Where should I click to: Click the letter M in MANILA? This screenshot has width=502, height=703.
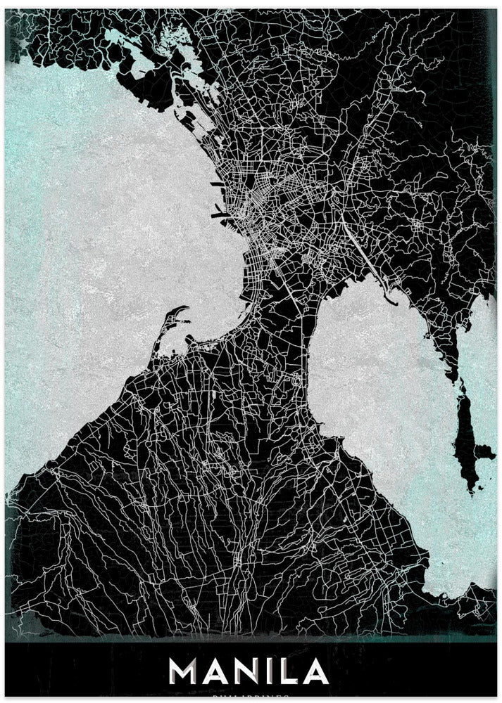[184, 671]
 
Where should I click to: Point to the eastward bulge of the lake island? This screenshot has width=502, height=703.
[484, 450]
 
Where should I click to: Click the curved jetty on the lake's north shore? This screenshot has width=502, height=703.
[388, 295]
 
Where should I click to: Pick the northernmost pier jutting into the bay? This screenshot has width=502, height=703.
[215, 184]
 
